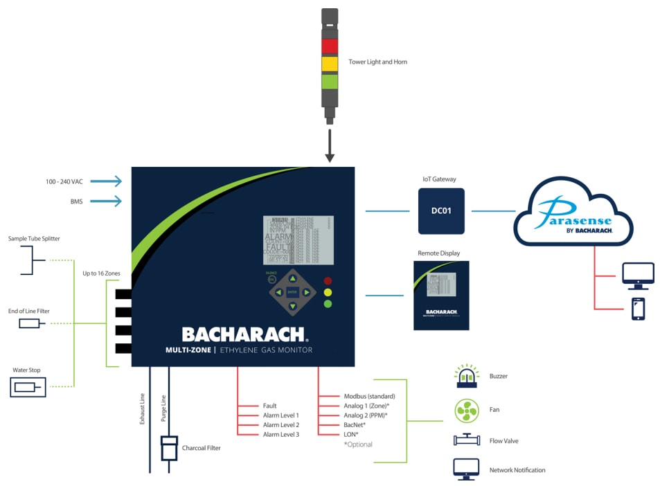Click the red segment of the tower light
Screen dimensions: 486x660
click(330, 46)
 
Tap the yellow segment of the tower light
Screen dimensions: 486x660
click(330, 64)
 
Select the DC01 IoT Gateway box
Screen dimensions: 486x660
click(441, 210)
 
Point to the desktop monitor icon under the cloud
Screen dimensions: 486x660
click(638, 275)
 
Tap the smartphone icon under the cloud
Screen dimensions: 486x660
click(638, 309)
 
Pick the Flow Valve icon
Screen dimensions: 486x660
click(467, 440)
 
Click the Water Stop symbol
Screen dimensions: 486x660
click(28, 387)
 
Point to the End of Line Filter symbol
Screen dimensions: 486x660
click(29, 323)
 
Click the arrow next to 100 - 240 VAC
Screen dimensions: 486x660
click(109, 181)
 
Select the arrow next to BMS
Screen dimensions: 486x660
click(109, 201)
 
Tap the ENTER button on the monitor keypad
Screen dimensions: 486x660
click(292, 292)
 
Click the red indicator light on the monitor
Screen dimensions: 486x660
click(328, 281)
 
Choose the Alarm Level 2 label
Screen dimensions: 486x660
click(281, 424)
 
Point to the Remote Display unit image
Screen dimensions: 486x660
click(441, 295)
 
